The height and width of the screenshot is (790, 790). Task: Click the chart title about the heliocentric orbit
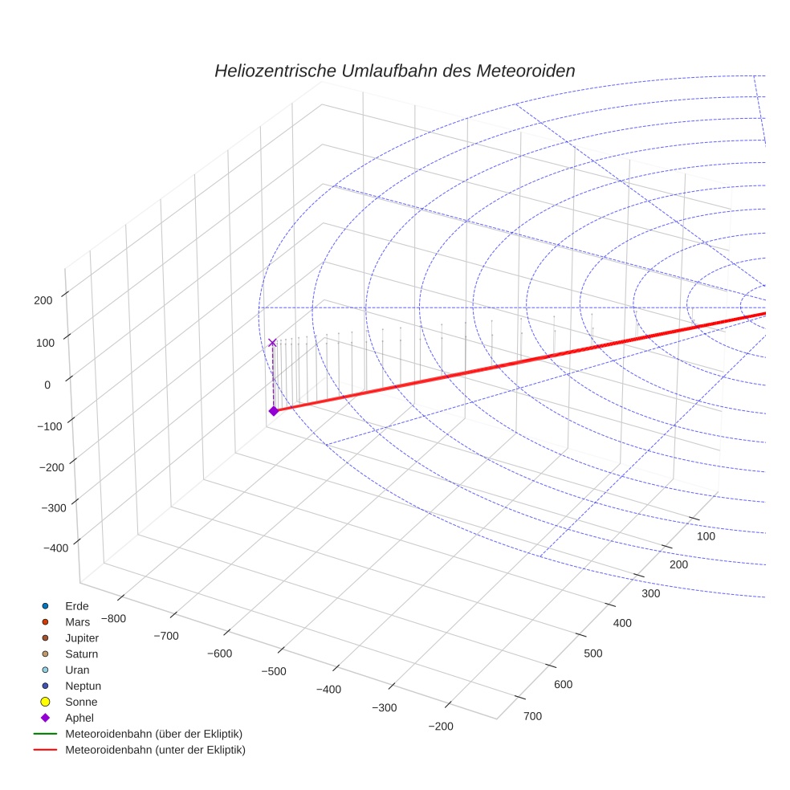tap(394, 71)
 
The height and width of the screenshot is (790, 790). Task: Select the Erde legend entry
tap(76, 605)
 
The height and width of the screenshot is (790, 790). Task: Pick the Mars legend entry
tap(77, 621)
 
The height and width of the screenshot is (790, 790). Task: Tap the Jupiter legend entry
tap(81, 637)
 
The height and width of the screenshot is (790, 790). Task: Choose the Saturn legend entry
tap(81, 654)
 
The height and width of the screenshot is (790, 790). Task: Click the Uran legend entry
tap(77, 670)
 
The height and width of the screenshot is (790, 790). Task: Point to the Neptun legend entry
tap(83, 686)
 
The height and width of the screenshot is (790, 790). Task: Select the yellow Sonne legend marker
tap(46, 702)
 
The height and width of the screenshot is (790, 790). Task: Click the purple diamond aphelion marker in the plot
tap(273, 411)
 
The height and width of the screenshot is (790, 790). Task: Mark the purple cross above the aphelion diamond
tap(272, 343)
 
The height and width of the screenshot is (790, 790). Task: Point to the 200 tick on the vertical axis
tap(43, 300)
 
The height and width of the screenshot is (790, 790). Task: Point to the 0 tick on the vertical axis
tap(47, 385)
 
